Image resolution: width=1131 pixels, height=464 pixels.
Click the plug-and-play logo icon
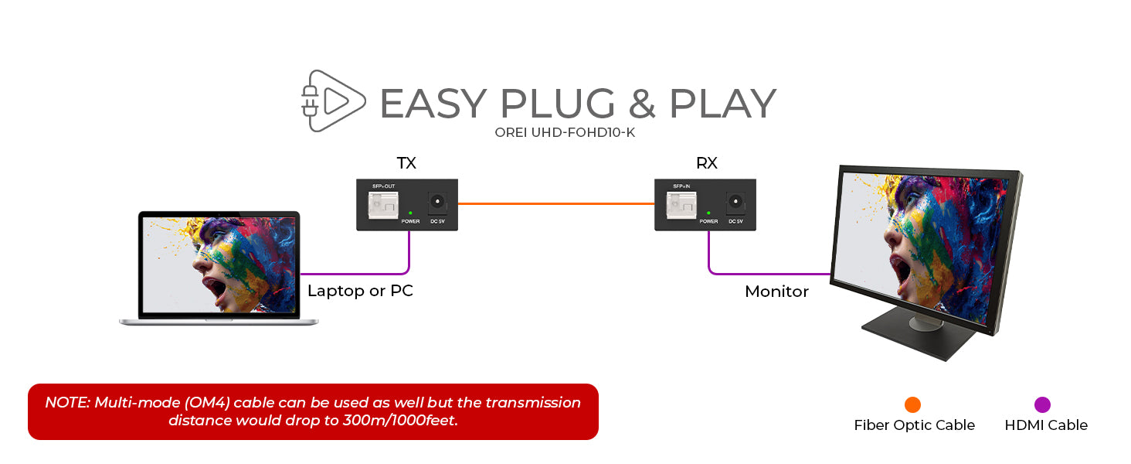pos(333,101)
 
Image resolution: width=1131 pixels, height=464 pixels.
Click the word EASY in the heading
pos(433,104)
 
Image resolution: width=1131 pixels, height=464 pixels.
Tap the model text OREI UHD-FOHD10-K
pos(565,132)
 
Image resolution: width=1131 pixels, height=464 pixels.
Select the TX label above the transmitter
pos(406,163)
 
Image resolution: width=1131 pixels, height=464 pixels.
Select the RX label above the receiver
pos(706,163)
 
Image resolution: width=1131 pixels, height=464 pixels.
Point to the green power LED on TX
pos(410,213)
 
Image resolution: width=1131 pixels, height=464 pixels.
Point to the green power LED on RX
pos(708,213)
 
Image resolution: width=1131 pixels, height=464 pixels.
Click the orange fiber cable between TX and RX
pos(556,204)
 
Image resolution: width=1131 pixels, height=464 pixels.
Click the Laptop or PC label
pos(360,292)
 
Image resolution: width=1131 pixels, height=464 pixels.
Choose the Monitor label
pos(776,292)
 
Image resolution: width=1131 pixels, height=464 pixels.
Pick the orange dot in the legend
pos(913,404)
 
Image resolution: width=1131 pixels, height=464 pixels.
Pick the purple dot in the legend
pos(1043,404)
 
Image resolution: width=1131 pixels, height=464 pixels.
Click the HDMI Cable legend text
pos(1046,425)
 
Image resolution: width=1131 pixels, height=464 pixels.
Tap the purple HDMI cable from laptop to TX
pos(355,274)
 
